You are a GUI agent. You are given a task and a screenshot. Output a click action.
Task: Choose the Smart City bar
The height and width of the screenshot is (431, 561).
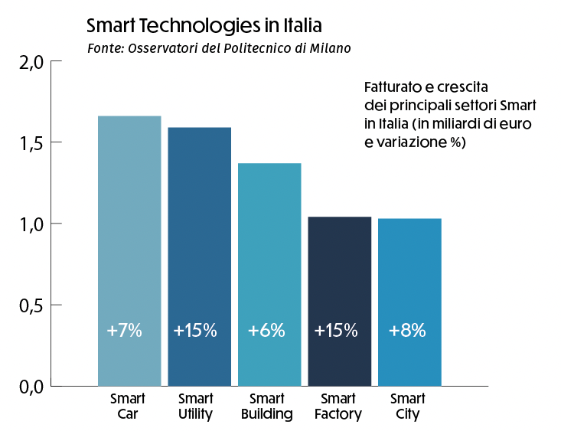point(409,302)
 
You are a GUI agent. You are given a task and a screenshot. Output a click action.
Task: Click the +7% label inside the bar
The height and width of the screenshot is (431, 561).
point(125,331)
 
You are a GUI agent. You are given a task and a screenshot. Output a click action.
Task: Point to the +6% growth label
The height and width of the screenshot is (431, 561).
point(266,331)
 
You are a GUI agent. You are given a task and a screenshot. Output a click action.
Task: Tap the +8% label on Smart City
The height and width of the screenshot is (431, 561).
point(407,331)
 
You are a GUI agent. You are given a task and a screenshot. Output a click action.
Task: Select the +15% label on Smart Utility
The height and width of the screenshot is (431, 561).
point(195,331)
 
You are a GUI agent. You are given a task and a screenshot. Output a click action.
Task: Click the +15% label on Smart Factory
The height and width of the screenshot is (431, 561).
point(336,331)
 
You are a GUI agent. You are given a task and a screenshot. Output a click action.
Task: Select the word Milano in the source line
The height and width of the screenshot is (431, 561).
point(330,48)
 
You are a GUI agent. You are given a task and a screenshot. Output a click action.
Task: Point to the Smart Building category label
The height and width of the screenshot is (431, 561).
point(267,407)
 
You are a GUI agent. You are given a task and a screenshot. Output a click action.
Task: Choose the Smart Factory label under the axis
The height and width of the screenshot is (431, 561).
point(338,407)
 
